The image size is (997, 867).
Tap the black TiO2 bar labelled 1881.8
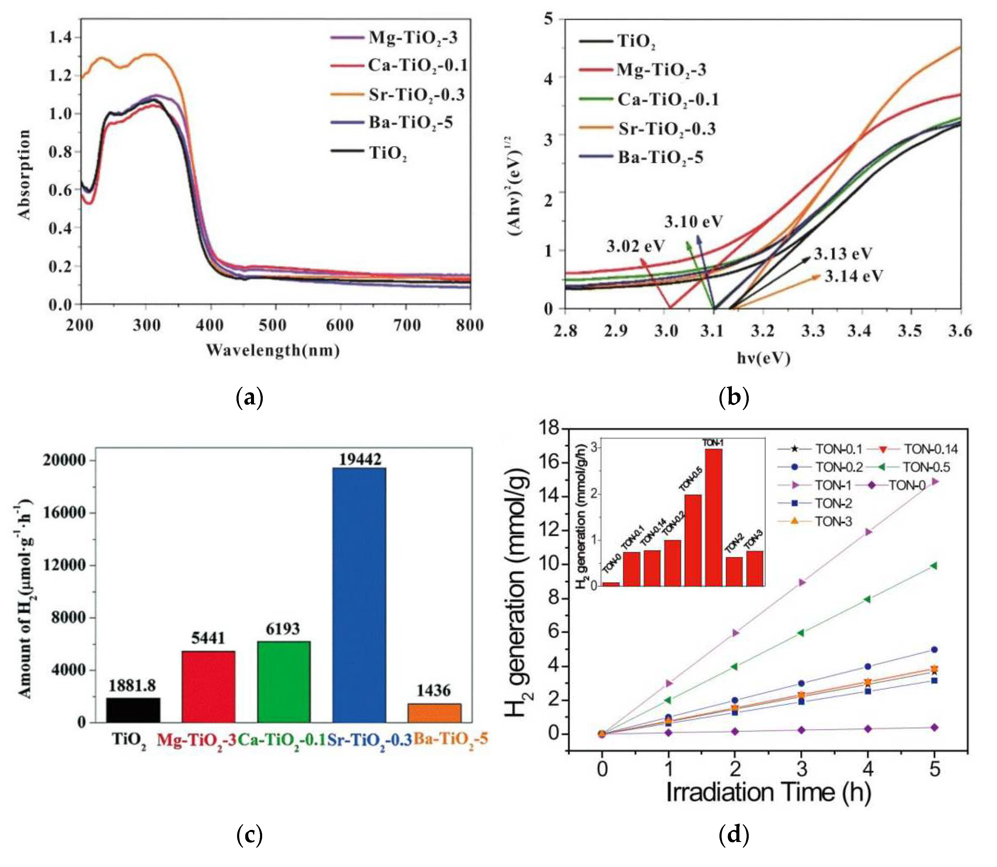pos(133,710)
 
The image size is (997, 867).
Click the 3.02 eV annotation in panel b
pos(636,246)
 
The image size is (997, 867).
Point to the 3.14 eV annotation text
pos(854,276)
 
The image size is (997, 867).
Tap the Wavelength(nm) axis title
pos(273,350)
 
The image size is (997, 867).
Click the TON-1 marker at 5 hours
pos(935,481)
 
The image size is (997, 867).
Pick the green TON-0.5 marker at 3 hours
pos(802,633)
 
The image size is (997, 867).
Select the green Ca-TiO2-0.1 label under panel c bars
pos(282,739)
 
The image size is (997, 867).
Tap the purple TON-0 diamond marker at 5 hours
pos(935,728)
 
